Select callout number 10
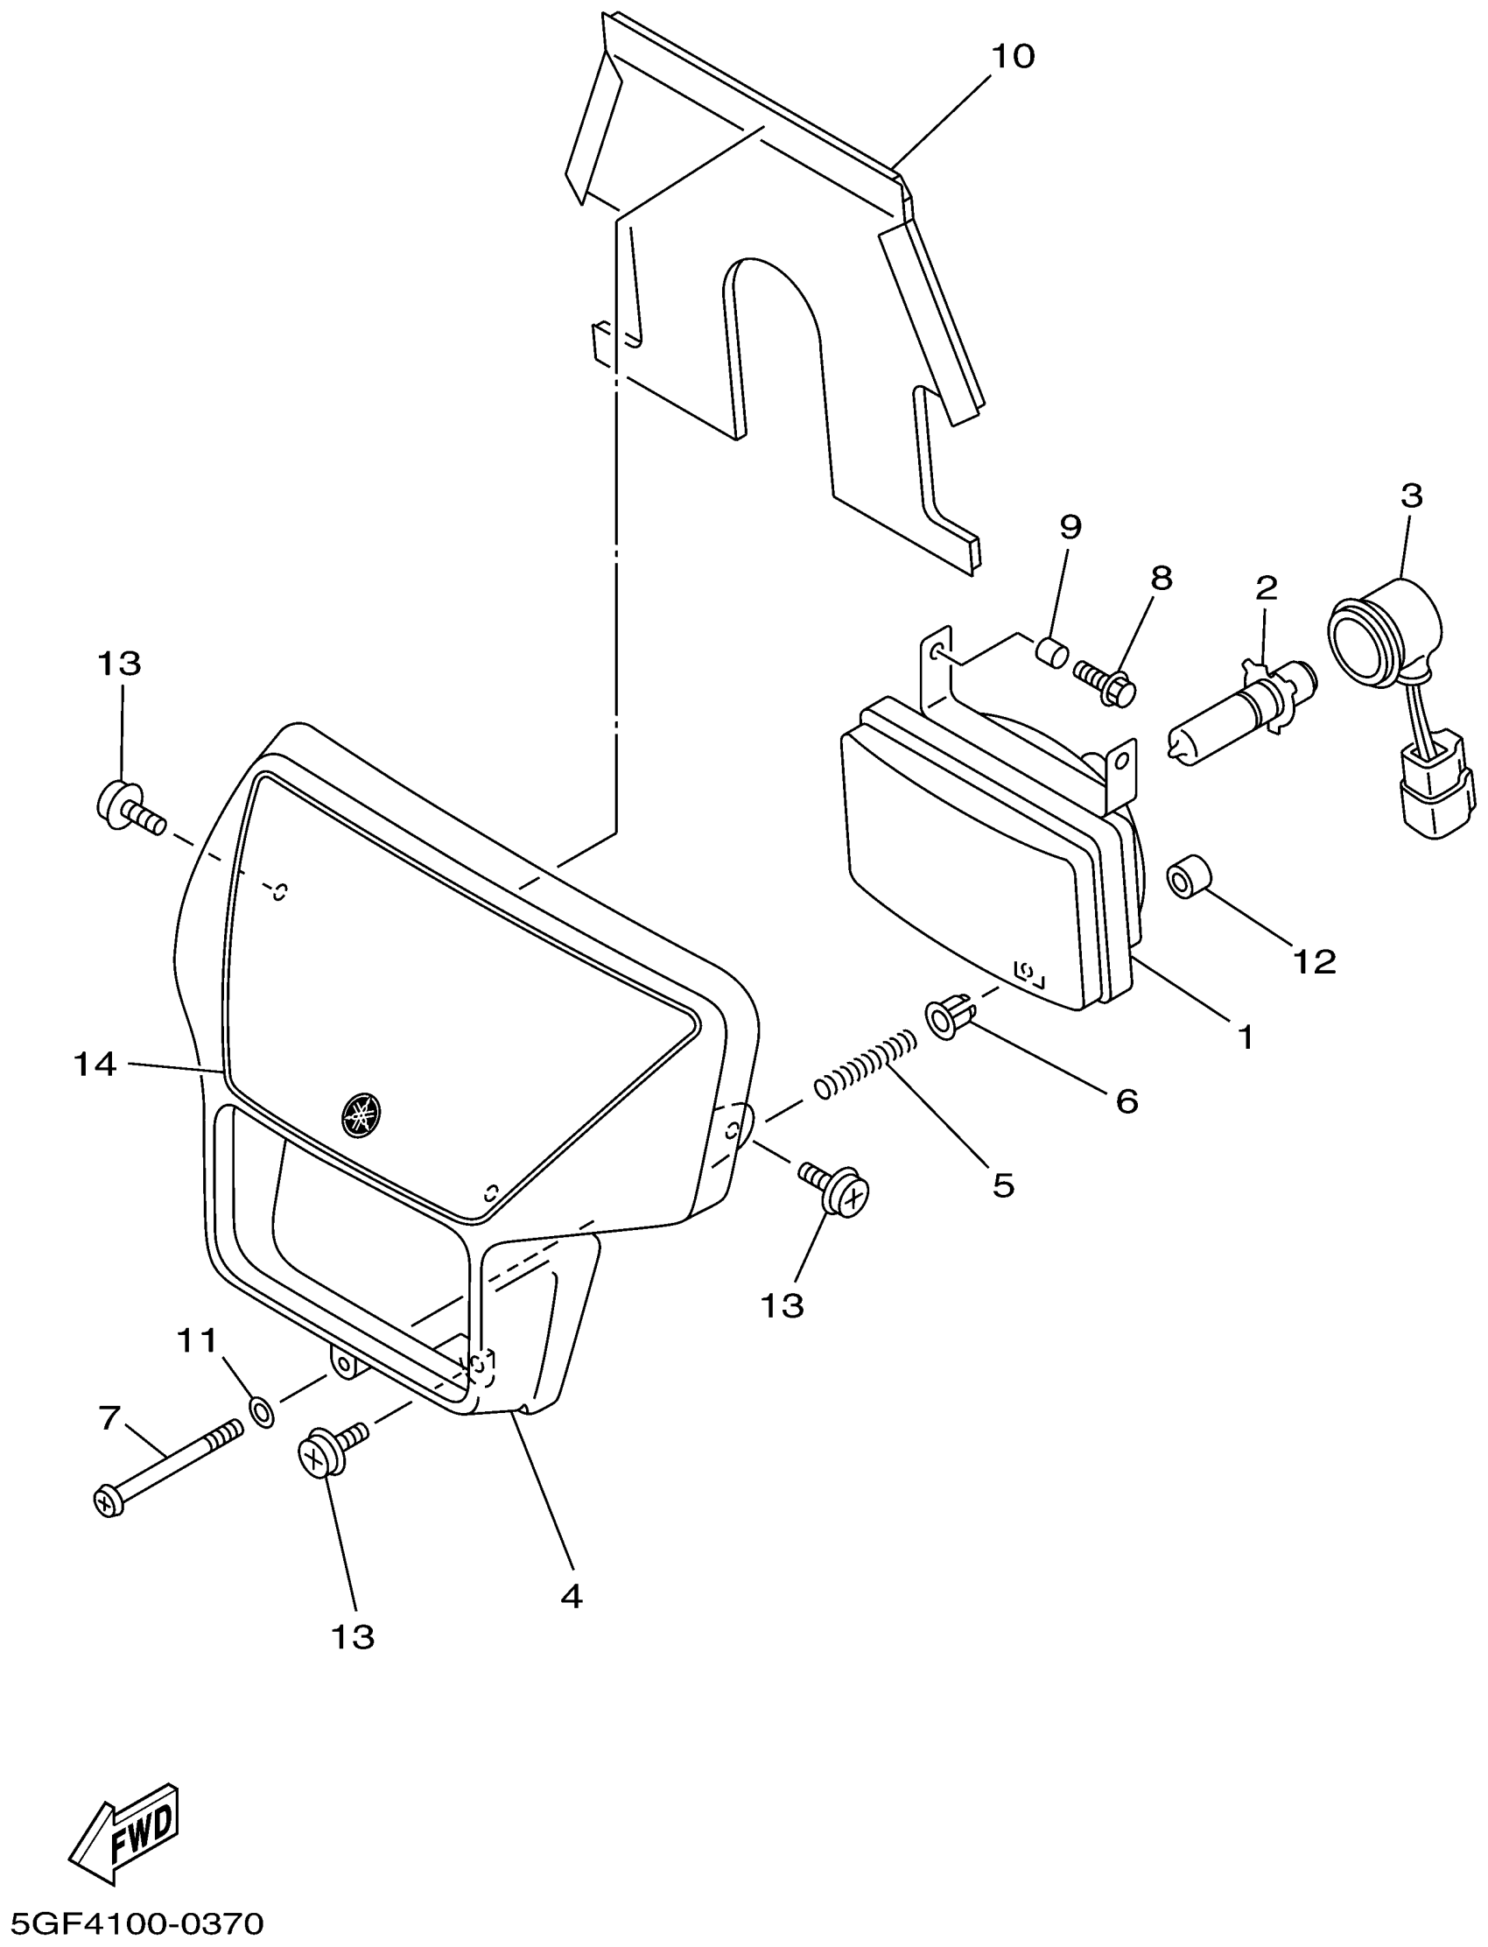coord(1013,57)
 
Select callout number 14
coord(95,1064)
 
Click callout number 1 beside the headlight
coord(1246,1037)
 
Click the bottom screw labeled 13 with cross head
coord(329,1452)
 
